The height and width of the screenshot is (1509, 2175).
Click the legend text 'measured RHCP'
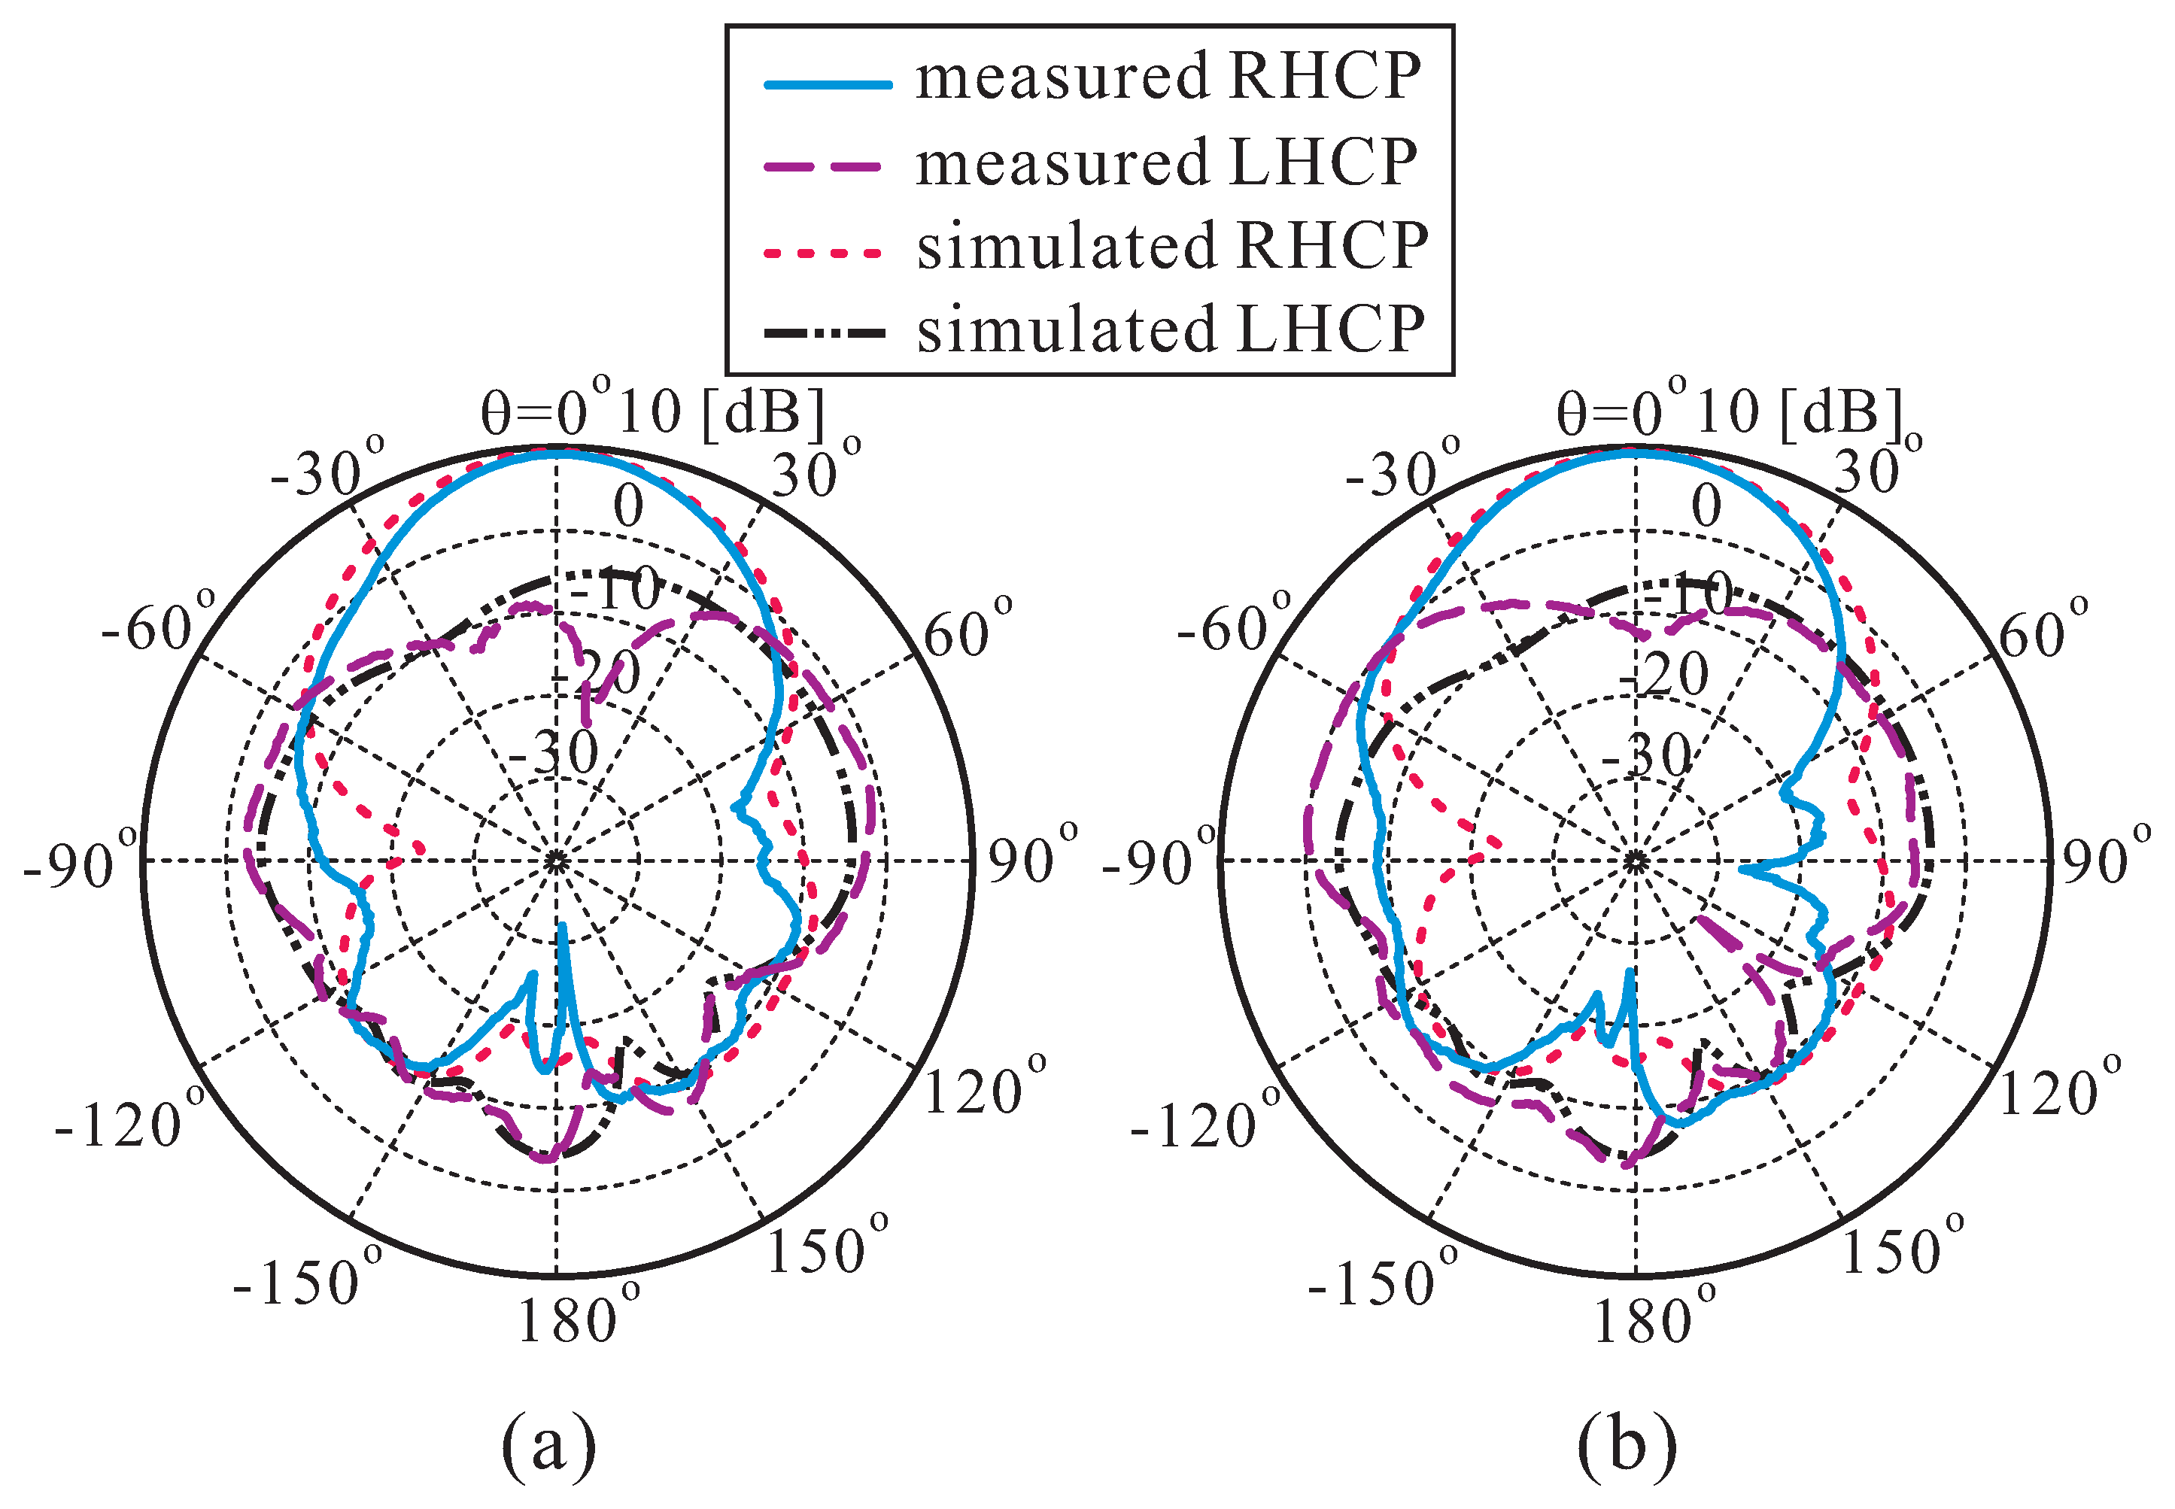click(1167, 77)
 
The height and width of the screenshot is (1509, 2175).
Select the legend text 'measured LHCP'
click(1165, 162)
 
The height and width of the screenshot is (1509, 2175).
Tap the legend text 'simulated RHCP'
click(1171, 247)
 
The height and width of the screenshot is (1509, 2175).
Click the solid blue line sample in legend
click(828, 85)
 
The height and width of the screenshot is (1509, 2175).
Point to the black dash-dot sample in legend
click(825, 332)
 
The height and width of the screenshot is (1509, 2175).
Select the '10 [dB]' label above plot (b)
click(1797, 412)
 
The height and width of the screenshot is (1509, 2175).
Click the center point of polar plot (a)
click(556, 861)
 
